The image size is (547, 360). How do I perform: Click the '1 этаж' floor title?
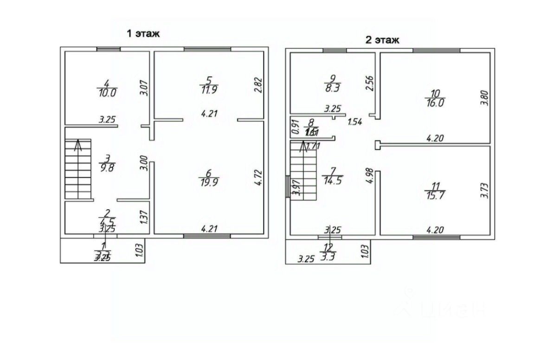click(143, 33)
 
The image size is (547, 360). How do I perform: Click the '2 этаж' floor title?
click(382, 40)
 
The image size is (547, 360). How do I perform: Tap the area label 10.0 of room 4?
click(107, 92)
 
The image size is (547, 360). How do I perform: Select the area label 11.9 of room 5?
click(209, 90)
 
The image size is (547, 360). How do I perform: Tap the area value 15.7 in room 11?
click(435, 196)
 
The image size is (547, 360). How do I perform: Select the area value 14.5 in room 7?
click(331, 181)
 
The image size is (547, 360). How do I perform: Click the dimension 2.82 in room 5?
click(259, 85)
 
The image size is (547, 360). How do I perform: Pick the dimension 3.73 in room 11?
click(484, 190)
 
